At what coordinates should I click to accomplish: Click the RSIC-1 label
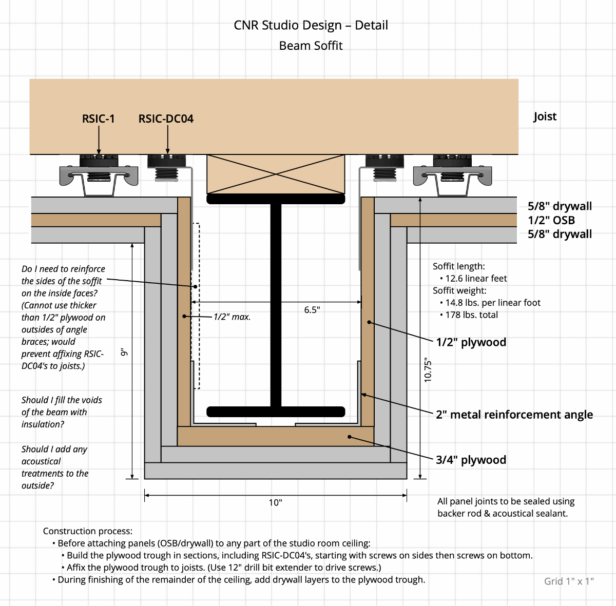click(98, 119)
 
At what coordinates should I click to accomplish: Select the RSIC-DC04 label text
click(166, 119)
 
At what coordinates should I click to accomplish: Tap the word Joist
click(545, 116)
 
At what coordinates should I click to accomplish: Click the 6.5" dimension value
click(312, 310)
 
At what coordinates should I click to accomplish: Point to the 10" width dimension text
click(275, 502)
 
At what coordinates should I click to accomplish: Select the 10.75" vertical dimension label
click(428, 370)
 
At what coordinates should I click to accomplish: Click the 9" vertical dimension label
click(123, 353)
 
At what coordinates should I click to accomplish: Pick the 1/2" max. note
click(232, 317)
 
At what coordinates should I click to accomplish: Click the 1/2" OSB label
click(551, 220)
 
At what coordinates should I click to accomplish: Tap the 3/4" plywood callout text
click(471, 460)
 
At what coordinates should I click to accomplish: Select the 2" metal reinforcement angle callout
click(514, 415)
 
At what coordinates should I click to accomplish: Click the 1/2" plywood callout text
click(471, 342)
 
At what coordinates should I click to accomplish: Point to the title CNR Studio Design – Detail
click(311, 25)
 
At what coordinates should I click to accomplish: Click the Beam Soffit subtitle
click(311, 46)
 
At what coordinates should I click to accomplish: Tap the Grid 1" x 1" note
click(569, 581)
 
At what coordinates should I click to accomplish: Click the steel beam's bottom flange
click(276, 412)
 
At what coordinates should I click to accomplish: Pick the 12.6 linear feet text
click(476, 279)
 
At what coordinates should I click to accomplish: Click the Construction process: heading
click(87, 531)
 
